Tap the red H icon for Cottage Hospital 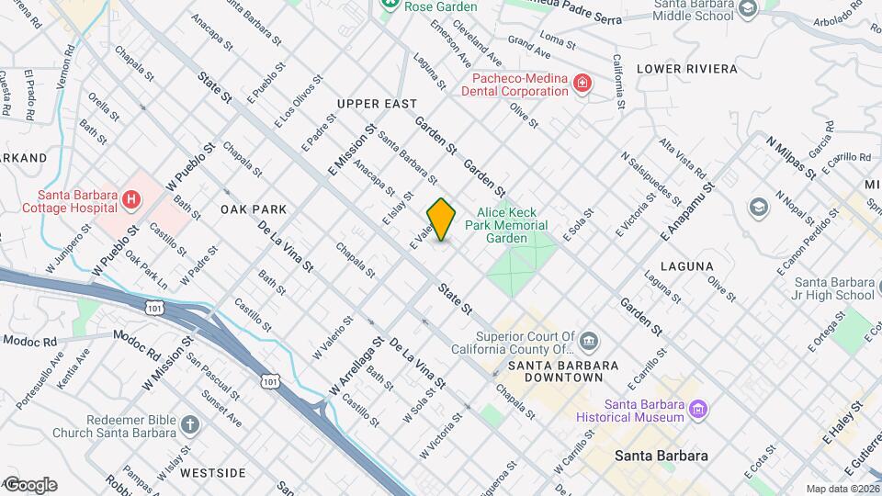pyautogui.click(x=132, y=198)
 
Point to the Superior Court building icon pyautogui.click(x=588, y=343)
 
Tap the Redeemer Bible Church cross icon pyautogui.click(x=190, y=424)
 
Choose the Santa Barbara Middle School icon pyautogui.click(x=748, y=8)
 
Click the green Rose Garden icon pyautogui.click(x=390, y=5)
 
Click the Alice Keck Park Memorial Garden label pyautogui.click(x=512, y=225)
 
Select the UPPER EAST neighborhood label pyautogui.click(x=377, y=104)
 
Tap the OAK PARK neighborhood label pyautogui.click(x=254, y=209)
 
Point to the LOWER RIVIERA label pyautogui.click(x=686, y=69)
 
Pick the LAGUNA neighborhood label pyautogui.click(x=693, y=266)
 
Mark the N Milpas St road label pyautogui.click(x=791, y=155)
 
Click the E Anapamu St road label pyautogui.click(x=686, y=210)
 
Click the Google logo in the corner pyautogui.click(x=29, y=484)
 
